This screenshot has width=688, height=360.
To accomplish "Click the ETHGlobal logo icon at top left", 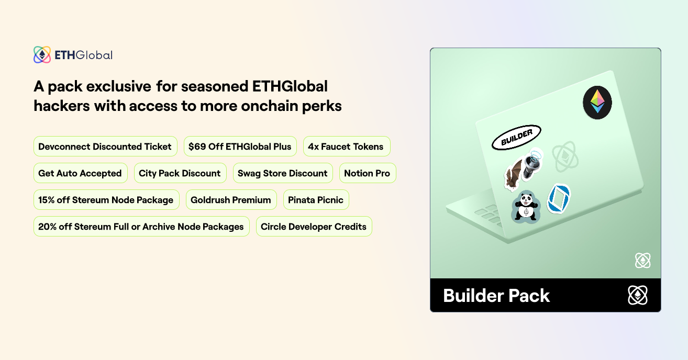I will click(x=42, y=55).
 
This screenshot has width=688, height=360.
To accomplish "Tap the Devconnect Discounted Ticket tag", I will click(x=105, y=147).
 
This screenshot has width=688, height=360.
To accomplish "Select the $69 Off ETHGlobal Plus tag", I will click(x=240, y=147).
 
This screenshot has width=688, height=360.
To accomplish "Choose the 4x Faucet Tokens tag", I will click(x=346, y=147).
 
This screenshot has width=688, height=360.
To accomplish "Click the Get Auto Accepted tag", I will click(x=80, y=173).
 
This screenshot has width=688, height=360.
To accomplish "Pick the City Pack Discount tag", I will click(x=180, y=173).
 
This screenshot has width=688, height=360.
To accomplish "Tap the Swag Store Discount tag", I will click(x=282, y=173).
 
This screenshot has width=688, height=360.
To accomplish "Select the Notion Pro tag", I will click(x=367, y=173).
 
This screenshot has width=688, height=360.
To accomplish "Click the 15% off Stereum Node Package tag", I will click(x=106, y=200).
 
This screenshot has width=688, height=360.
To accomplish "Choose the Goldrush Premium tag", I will click(x=231, y=200).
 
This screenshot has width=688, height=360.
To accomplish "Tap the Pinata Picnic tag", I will click(x=316, y=200).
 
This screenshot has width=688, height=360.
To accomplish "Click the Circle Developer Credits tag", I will click(x=314, y=227).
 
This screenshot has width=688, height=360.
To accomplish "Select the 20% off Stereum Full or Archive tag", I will click(x=141, y=227).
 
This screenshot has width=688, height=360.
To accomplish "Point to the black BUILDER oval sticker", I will click(x=516, y=138).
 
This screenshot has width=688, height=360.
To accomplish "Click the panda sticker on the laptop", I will click(x=525, y=207).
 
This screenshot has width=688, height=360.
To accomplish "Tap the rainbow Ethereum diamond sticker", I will click(x=597, y=102).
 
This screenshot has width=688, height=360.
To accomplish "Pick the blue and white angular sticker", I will click(x=559, y=198).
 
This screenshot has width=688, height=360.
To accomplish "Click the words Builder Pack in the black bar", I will click(x=496, y=296).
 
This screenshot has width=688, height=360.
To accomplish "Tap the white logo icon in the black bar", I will click(x=637, y=296).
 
